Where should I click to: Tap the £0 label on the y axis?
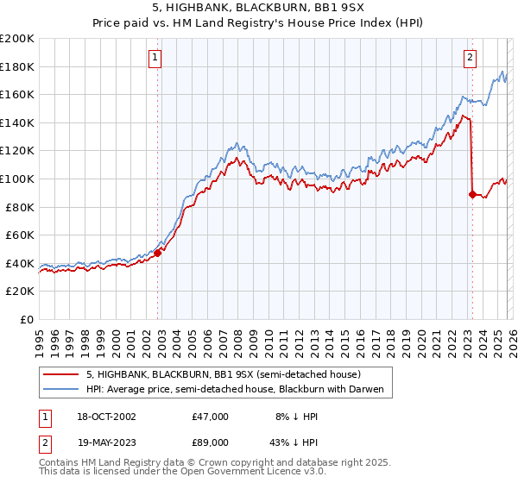(26, 319)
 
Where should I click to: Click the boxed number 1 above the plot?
(155, 59)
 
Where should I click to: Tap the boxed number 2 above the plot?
(470, 59)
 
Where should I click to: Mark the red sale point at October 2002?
(158, 254)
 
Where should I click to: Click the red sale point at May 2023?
(472, 194)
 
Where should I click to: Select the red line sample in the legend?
(60, 374)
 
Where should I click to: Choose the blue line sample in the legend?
(60, 390)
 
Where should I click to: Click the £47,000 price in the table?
(211, 417)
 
